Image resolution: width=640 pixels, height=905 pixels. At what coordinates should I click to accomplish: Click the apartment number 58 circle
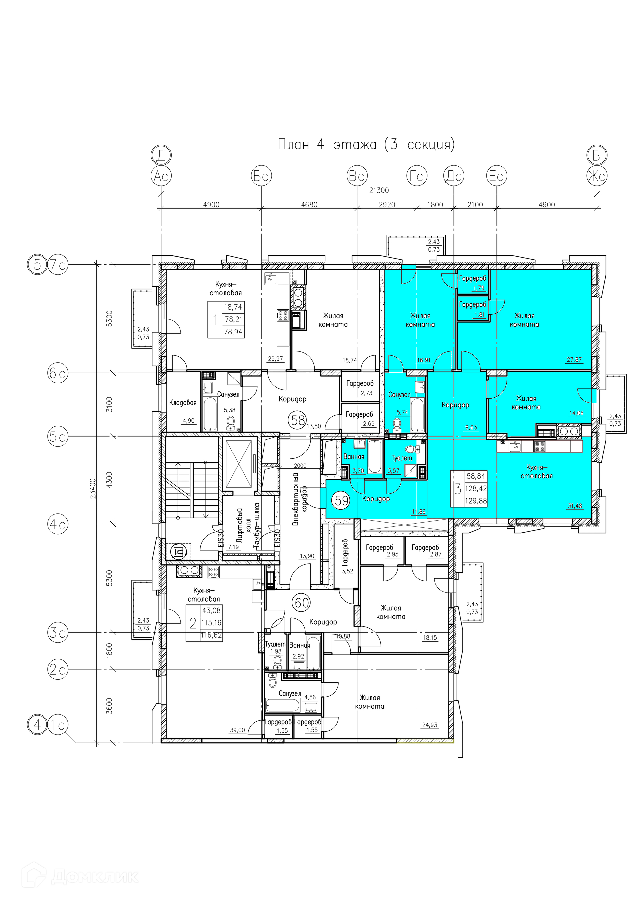tap(298, 420)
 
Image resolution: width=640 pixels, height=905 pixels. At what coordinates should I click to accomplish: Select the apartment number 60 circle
tap(301, 602)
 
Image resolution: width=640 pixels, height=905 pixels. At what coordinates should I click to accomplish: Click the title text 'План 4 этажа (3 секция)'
tap(366, 144)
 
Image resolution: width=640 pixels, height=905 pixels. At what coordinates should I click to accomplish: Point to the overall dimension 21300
tap(379, 190)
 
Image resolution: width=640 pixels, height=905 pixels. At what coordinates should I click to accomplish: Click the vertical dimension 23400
tap(93, 489)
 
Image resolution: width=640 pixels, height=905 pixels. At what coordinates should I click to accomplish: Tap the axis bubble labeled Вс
tap(357, 176)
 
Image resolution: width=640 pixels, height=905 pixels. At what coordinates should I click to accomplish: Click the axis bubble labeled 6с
tap(58, 373)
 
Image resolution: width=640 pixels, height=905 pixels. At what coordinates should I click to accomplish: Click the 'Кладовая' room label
tap(183, 403)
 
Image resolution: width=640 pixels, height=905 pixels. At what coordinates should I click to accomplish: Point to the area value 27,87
tap(574, 360)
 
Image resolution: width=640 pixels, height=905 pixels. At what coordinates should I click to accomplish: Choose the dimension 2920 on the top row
tap(387, 204)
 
